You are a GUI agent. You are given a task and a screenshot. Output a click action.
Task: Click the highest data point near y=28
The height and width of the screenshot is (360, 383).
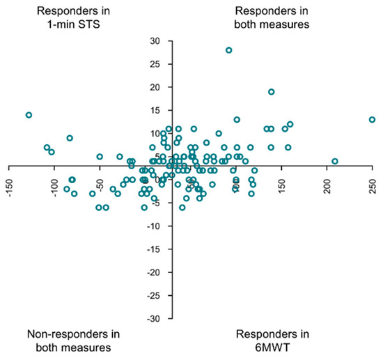(x=228, y=50)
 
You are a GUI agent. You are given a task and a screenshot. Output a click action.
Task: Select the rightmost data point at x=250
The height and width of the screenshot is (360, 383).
(x=372, y=120)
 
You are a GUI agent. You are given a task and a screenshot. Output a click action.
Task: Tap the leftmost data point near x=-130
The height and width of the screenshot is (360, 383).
(x=29, y=115)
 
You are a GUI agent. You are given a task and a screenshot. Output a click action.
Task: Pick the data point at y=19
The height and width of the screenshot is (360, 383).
(x=271, y=92)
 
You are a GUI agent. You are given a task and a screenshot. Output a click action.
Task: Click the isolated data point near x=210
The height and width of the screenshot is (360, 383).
(x=335, y=162)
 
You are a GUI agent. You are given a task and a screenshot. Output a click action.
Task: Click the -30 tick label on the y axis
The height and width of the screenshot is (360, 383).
(x=153, y=318)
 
